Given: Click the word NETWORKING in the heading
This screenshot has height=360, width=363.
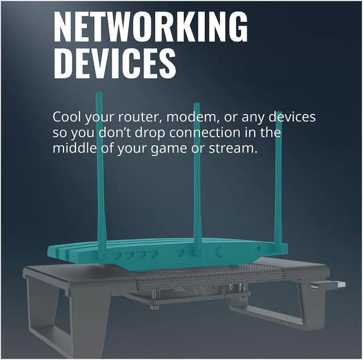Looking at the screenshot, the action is tap(150, 26).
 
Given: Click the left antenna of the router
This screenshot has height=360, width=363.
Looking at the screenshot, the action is tap(100, 170).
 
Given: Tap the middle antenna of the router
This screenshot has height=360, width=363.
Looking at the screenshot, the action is tap(197, 170).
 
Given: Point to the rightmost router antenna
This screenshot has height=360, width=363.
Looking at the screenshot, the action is tap(278, 170).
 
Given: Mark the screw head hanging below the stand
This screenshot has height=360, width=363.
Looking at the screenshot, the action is tap(154, 307).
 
